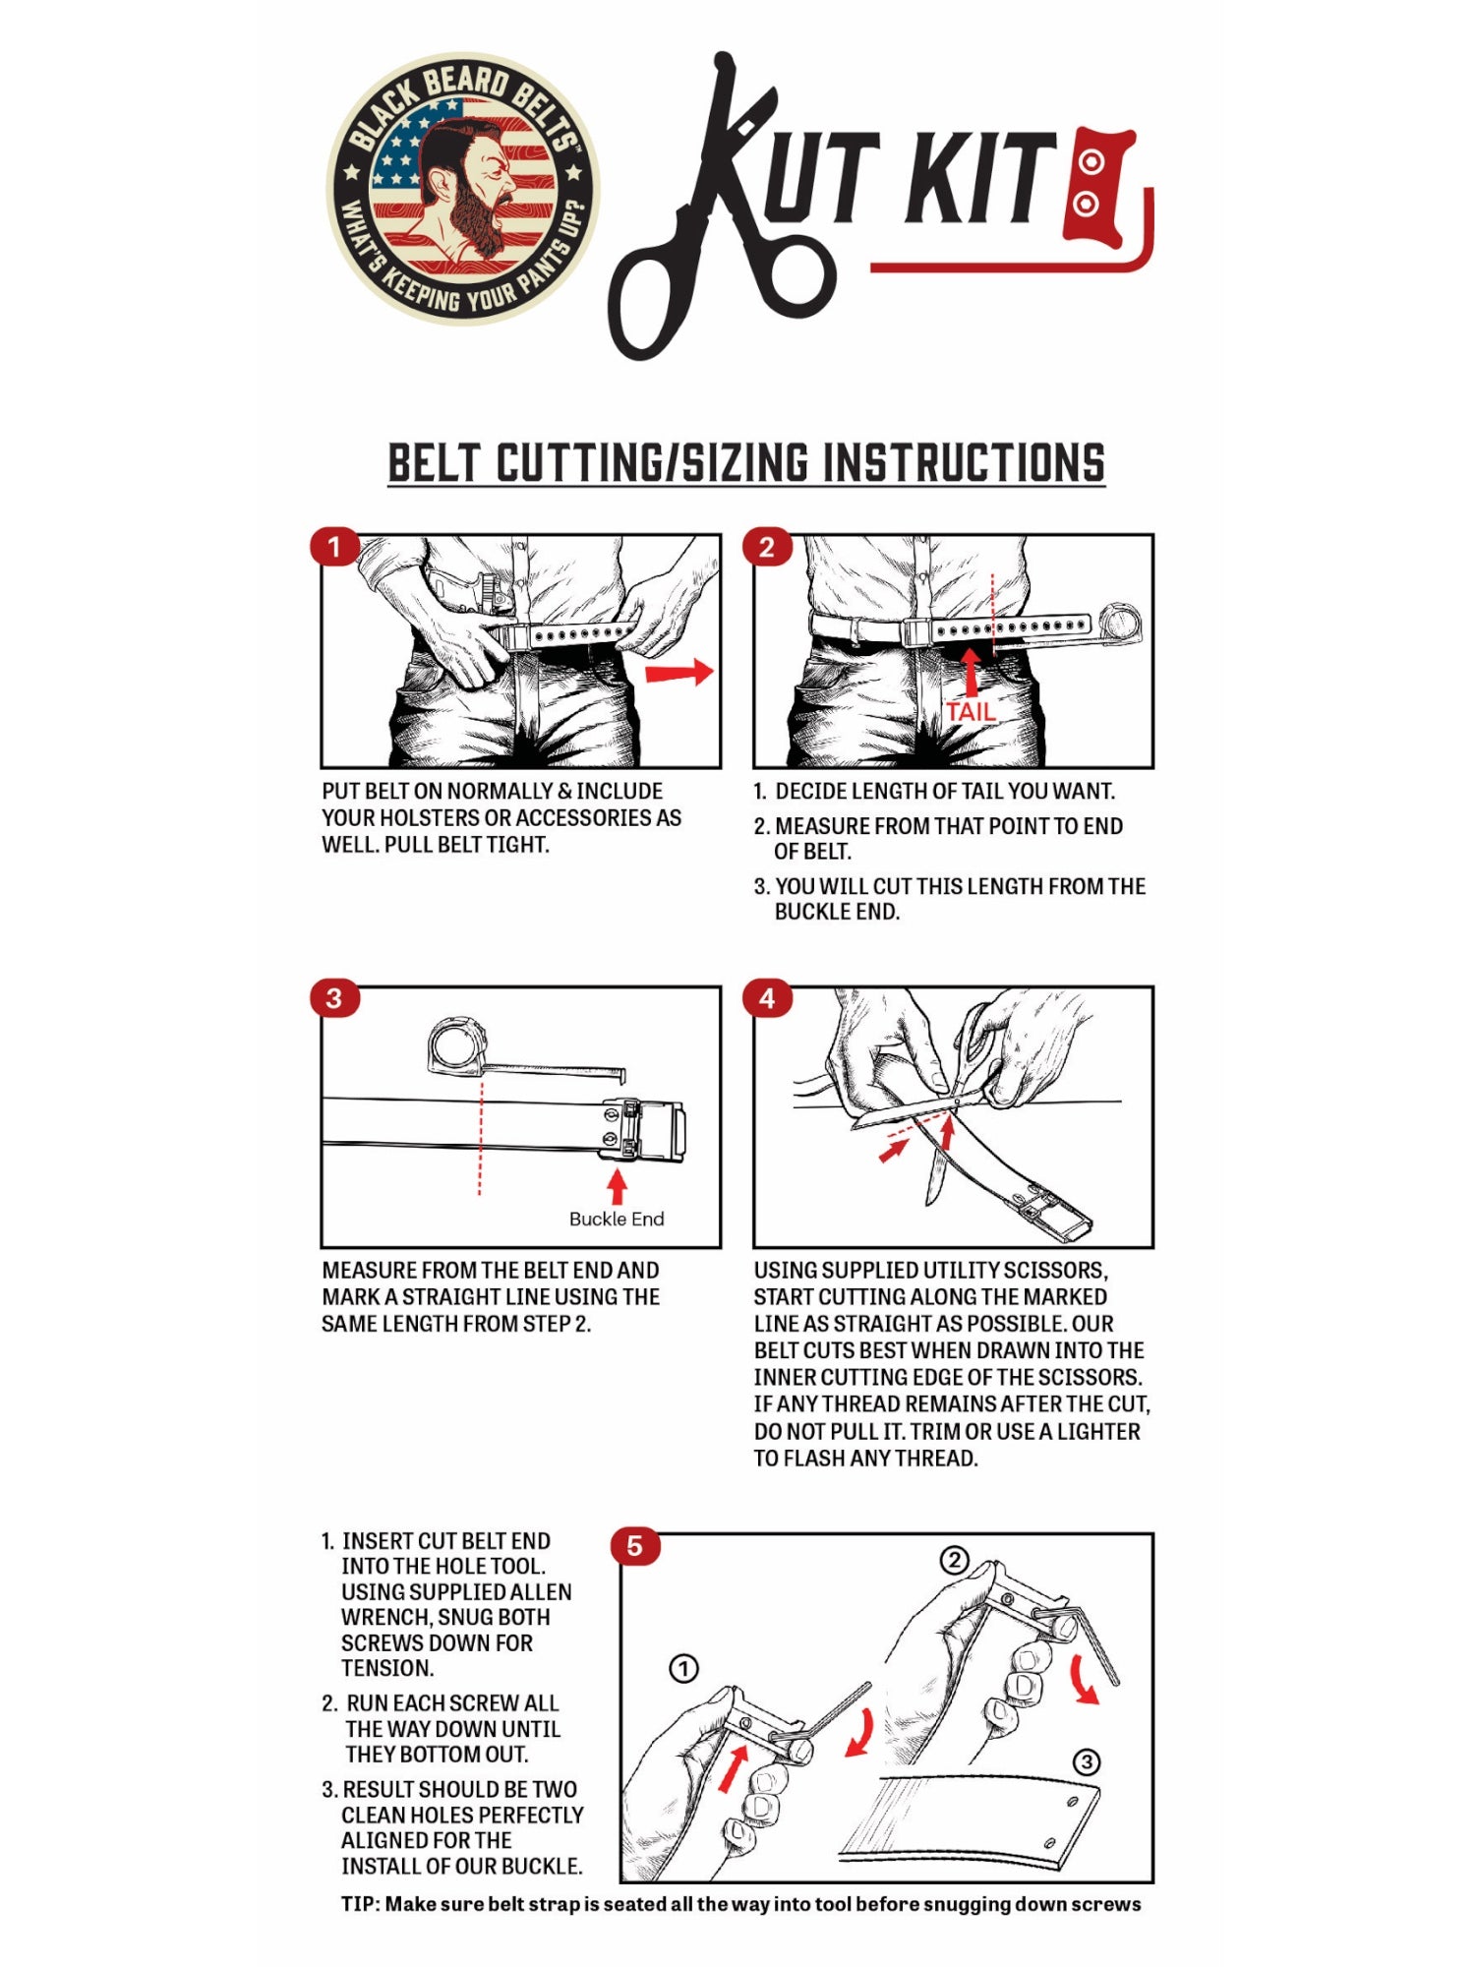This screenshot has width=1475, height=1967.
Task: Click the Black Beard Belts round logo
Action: [462, 189]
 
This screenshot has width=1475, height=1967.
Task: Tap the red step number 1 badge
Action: [333, 547]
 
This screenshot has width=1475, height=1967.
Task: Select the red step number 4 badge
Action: [766, 999]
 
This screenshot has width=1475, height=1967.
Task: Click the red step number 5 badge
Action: [634, 1546]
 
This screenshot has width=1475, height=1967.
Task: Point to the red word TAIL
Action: [971, 711]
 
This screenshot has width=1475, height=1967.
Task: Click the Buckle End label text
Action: [617, 1219]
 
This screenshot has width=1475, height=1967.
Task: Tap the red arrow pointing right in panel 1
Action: [678, 673]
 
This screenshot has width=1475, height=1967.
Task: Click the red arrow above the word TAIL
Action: [971, 672]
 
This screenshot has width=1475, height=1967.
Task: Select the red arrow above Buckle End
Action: [617, 1185]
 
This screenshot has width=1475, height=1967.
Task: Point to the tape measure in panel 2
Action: [1120, 623]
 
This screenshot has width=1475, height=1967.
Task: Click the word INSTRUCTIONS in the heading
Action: [964, 463]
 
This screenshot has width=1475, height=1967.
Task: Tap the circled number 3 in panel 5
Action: [1086, 1761]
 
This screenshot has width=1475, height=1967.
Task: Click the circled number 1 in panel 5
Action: [683, 1668]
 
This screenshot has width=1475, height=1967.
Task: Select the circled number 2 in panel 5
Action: [955, 1560]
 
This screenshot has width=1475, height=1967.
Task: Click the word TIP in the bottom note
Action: [359, 1904]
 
